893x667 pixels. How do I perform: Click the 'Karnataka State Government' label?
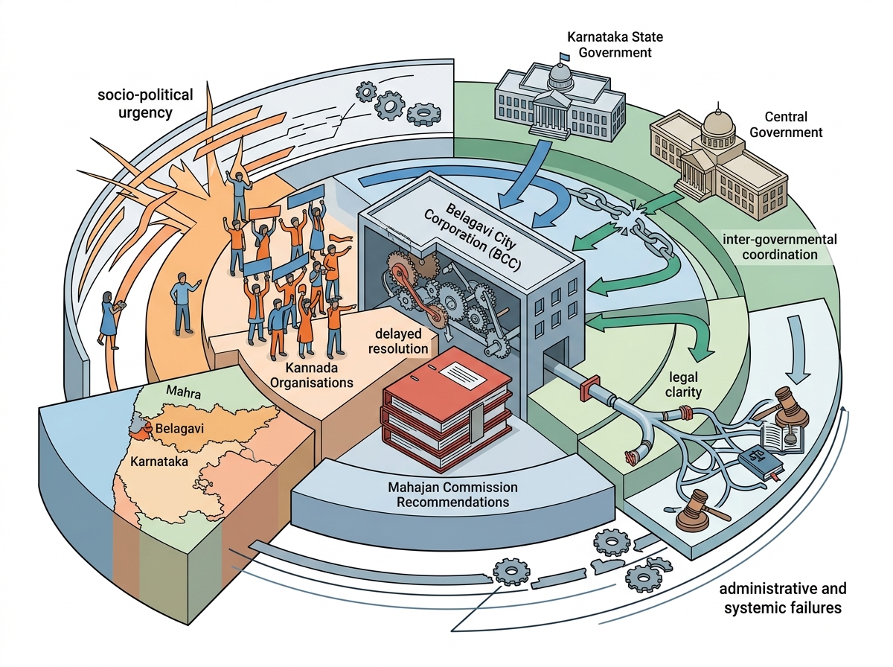[615, 45]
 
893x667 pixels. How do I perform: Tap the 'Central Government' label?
[786, 124]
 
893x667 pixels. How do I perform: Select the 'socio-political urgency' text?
[145, 103]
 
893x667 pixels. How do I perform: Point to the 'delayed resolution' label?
[398, 341]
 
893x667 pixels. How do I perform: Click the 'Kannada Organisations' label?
[312, 375]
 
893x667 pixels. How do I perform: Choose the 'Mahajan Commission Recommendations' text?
[452, 494]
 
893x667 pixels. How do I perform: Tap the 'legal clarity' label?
[683, 385]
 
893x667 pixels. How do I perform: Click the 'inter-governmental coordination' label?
[779, 246]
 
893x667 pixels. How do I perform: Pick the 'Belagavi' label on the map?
[179, 429]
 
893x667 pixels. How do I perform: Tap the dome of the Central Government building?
[718, 124]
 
